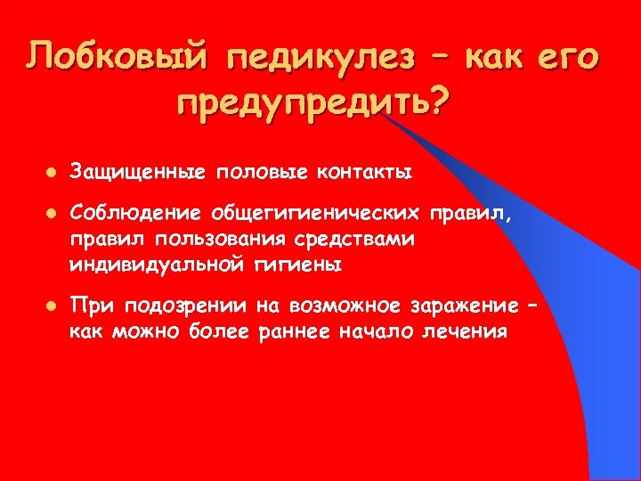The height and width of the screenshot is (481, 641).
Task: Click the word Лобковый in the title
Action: click(116, 58)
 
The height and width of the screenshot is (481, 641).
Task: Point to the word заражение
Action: click(460, 307)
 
